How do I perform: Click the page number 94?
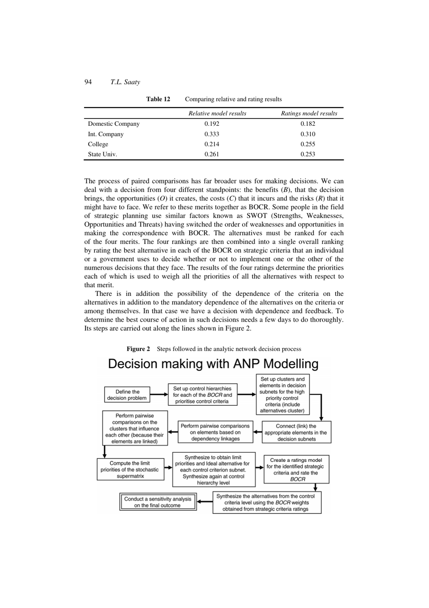point(88,82)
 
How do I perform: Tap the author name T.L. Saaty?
point(125,82)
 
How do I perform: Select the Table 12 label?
point(158,99)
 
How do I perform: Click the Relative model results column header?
point(217,114)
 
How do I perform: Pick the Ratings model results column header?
point(309,114)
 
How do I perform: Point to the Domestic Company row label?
point(114,124)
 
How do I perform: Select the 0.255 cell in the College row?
point(308,144)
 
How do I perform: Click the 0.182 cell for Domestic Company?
point(308,124)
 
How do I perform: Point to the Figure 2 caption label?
point(138,349)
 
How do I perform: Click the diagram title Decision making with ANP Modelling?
point(213,364)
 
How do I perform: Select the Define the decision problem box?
point(127,395)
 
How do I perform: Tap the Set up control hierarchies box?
point(202,395)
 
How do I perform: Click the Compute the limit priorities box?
point(130,470)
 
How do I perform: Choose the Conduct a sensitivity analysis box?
point(158,502)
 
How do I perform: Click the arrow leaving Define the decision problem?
point(159,394)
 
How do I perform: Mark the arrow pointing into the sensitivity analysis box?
point(205,502)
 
